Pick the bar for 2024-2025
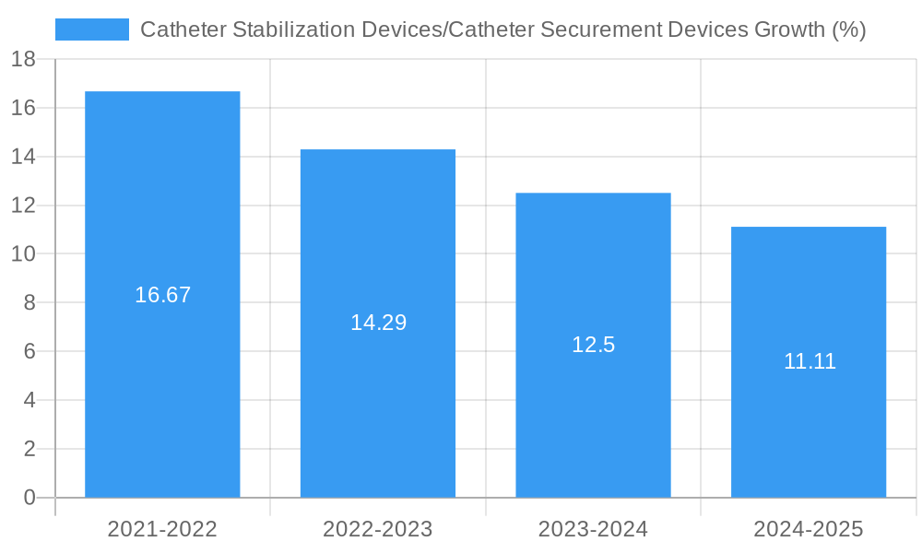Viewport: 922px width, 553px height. point(809,295)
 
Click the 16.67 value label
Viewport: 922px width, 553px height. point(162,295)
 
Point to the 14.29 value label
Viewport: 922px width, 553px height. point(378,323)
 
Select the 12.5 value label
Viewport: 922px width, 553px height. point(593,345)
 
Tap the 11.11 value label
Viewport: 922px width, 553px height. point(810,361)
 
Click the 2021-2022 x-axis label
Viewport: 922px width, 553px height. point(162,529)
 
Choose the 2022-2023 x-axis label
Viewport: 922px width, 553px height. point(378,529)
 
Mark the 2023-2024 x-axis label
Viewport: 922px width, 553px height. point(593,529)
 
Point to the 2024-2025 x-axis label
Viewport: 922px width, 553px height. point(809,529)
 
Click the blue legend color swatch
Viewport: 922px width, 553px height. point(92,29)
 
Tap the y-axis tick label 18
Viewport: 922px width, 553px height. point(23,60)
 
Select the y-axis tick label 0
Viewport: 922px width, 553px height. point(29,498)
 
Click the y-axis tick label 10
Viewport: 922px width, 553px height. point(23,254)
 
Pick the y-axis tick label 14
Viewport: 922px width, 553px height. point(23,157)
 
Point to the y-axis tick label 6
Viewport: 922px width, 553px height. point(29,352)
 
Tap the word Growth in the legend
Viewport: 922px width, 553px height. point(789,29)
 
